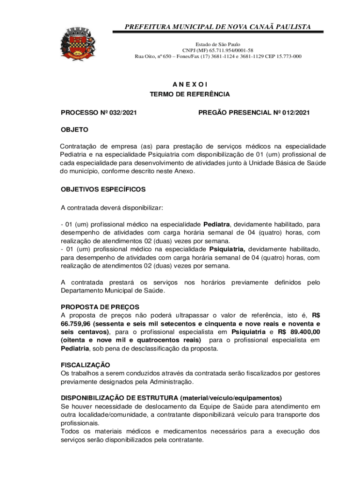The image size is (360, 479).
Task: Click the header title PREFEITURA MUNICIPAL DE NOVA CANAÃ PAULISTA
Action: [218, 27]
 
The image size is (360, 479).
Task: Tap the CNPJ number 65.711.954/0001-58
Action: [230, 50]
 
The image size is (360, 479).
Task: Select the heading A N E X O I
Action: [189, 84]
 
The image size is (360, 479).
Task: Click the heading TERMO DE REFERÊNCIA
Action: [189, 94]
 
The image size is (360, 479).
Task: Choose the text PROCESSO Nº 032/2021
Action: [99, 113]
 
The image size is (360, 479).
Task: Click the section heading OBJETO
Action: [74, 130]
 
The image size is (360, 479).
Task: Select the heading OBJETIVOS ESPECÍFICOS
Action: [103, 189]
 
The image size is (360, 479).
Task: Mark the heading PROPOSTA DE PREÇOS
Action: [100, 307]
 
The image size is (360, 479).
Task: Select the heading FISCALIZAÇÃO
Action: [86, 364]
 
